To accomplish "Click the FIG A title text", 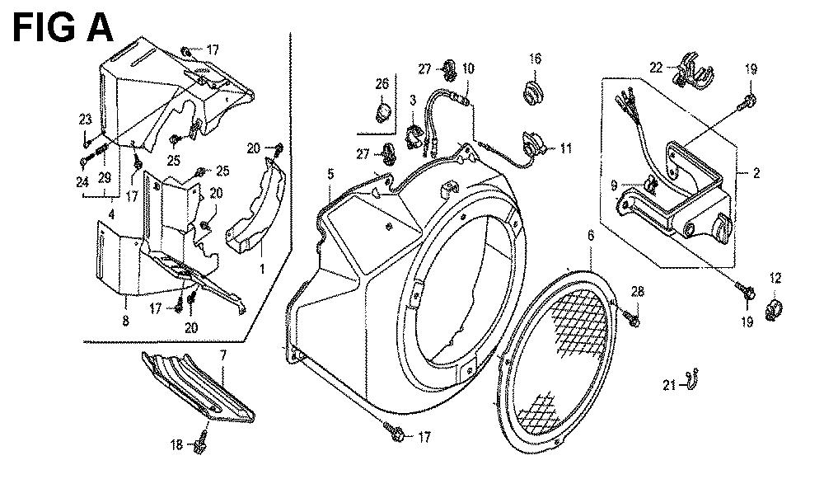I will pos(63,26).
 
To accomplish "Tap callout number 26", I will pos(382,83).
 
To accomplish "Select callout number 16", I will pos(535,59).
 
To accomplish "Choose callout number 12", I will pos(775,278).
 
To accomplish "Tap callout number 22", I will pos(656,66).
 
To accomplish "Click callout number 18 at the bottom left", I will pos(176,445).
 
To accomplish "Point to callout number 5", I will pos(330,174).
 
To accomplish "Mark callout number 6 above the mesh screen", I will pos(590,236).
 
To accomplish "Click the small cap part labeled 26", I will pos(382,111).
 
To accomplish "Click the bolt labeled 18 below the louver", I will pos(199,444).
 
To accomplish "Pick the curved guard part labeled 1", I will pos(254,210).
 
